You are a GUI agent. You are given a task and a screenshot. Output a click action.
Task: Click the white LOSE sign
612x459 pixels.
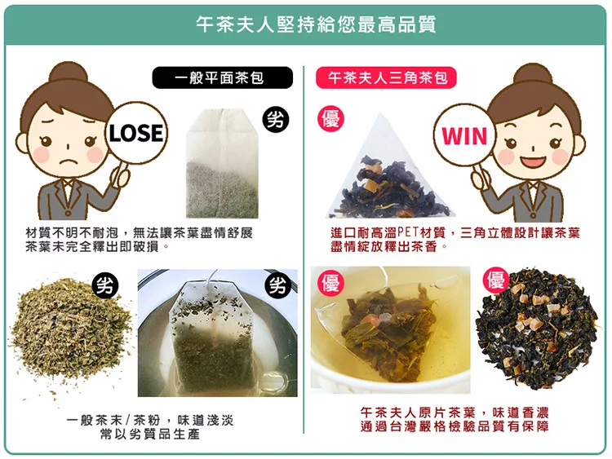point(136,133)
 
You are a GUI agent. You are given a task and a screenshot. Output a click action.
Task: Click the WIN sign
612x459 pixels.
point(464,135)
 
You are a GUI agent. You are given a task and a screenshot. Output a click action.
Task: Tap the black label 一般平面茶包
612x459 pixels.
point(222,77)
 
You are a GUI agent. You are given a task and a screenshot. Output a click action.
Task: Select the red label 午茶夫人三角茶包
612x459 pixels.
point(386,77)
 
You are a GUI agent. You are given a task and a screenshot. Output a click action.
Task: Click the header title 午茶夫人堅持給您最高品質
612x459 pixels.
point(316,24)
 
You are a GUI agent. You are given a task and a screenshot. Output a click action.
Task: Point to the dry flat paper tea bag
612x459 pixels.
point(222,163)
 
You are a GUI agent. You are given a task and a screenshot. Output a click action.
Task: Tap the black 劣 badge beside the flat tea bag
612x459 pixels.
point(276,118)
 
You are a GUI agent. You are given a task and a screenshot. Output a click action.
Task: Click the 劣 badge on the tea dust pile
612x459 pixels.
point(105,286)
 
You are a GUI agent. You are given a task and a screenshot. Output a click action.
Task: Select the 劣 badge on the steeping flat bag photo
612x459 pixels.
point(278,286)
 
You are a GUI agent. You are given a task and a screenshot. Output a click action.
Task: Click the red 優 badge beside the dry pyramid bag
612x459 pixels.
point(331,118)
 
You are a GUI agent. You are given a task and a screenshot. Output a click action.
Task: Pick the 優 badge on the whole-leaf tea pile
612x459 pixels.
point(496,280)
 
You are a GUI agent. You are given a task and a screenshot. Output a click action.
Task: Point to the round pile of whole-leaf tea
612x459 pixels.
point(537,329)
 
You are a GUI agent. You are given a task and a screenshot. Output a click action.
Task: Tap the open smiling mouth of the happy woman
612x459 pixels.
point(533,161)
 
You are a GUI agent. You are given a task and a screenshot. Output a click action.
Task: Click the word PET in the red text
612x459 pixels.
point(408,233)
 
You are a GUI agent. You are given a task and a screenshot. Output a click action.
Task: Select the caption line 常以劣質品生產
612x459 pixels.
point(150,434)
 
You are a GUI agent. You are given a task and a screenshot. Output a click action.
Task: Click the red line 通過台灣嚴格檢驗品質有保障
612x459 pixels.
point(455,426)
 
